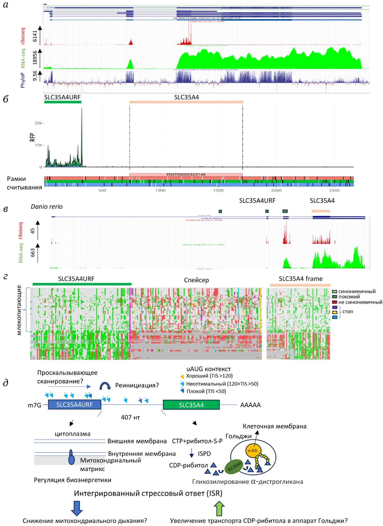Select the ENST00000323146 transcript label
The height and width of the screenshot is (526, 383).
(186, 174)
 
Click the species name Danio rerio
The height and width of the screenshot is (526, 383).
(47, 206)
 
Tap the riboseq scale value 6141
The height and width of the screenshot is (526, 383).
(35, 36)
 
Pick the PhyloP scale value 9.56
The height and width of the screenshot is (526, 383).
(35, 75)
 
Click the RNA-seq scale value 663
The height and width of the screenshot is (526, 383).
(33, 253)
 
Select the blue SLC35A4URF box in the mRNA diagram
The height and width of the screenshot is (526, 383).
(75, 405)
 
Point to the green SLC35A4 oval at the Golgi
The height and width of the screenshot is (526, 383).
(234, 467)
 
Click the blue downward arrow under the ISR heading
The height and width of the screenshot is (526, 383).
(77, 508)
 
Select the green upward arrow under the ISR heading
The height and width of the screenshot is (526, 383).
(219, 508)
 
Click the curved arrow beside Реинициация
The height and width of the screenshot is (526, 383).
(105, 386)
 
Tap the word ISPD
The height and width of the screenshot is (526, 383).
(204, 454)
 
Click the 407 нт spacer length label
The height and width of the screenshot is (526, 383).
(130, 417)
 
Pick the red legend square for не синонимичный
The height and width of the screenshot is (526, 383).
(334, 302)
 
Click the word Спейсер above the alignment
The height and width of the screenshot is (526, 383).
(196, 280)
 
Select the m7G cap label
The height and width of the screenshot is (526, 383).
(34, 405)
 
